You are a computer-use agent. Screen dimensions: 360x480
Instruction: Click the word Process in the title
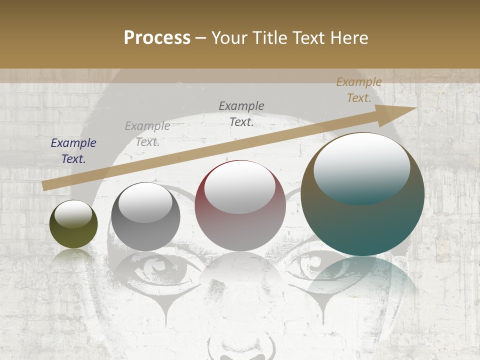157,38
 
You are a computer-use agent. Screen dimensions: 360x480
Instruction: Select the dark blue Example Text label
73,151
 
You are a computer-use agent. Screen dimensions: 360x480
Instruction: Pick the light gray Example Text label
147,134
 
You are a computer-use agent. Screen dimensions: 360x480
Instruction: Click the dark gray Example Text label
241,113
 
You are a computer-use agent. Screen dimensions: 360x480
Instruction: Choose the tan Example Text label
359,90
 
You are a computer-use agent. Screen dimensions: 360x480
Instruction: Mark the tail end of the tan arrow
44,186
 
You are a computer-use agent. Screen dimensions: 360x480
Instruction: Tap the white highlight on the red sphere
240,186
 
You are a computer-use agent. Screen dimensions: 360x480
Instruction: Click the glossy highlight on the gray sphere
145,202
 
